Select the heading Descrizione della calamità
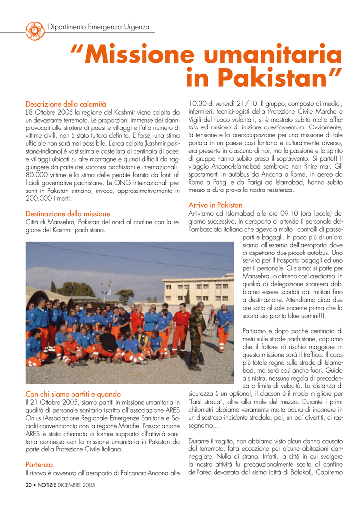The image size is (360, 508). point(66,104)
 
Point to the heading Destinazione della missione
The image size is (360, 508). point(68,214)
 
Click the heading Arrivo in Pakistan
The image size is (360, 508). point(216,205)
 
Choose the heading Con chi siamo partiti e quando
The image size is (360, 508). point(73,394)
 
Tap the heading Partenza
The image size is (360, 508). point(39,465)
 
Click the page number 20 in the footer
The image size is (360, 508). point(28,485)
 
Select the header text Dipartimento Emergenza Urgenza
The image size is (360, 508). point(98,27)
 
